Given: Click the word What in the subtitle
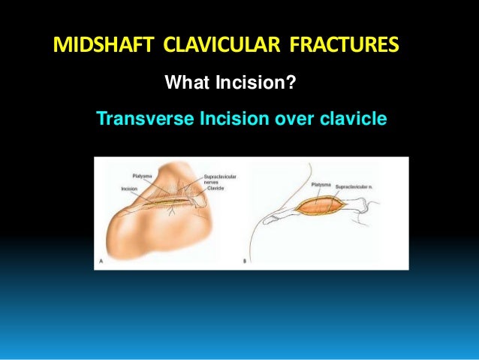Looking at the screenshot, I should (186, 80).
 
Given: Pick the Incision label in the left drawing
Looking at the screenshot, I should (128, 189).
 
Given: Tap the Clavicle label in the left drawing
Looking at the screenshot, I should (218, 189).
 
